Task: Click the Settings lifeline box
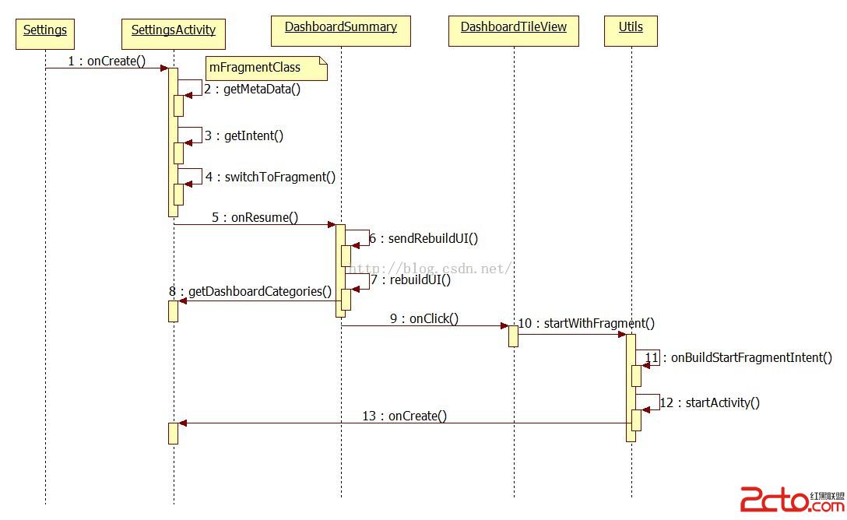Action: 45,31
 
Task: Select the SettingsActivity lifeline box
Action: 174,32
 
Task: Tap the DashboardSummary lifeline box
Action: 340,29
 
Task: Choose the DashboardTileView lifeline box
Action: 514,29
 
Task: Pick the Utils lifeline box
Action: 631,29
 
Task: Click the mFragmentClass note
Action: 265,68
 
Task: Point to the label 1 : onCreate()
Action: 107,61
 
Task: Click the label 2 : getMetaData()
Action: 253,89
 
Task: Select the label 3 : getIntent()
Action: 244,135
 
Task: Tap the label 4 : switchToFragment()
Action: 270,177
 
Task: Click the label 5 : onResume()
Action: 255,217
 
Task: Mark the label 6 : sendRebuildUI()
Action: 423,238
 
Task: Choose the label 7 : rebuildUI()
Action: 410,279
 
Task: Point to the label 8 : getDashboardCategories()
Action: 250,291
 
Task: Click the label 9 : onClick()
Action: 424,318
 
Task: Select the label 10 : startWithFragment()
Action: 586,323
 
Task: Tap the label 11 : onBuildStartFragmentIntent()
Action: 738,357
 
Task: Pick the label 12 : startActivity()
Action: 710,402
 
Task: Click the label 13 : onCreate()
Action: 405,416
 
